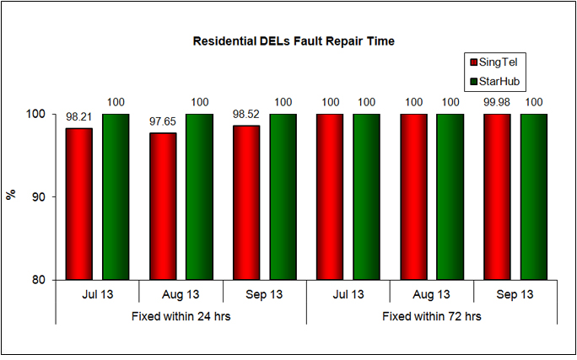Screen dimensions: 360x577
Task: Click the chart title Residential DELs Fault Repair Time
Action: (x=294, y=40)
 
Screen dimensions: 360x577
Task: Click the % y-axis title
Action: (x=11, y=195)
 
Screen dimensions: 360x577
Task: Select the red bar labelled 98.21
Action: (x=79, y=203)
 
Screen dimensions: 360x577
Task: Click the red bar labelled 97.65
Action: (x=163, y=206)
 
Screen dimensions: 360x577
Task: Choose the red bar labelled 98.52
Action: (x=246, y=202)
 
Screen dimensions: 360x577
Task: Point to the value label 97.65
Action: (x=163, y=122)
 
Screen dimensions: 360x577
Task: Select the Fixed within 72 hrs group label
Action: (x=431, y=317)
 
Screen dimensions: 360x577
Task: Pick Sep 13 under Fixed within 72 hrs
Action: (x=515, y=294)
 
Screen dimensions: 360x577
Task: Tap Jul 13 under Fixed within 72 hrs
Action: (x=348, y=294)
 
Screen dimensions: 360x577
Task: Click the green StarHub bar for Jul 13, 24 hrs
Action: (x=116, y=196)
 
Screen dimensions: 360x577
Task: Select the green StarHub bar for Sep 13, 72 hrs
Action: (x=534, y=196)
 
